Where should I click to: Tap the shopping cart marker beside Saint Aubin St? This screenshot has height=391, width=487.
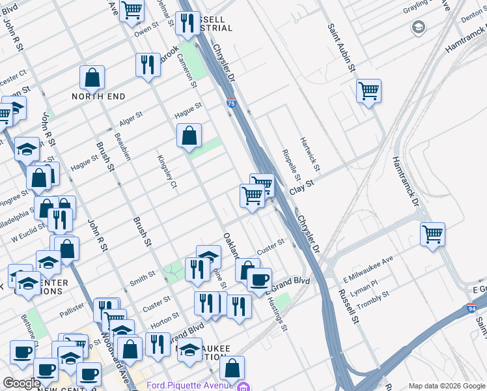point(369,90)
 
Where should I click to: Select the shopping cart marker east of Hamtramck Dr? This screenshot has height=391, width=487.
point(432,233)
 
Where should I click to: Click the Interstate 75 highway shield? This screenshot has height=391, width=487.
point(232,103)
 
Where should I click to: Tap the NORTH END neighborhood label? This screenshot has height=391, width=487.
point(98,96)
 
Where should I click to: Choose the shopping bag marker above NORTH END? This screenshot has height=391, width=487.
point(92,77)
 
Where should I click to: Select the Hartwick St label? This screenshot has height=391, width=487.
point(309,154)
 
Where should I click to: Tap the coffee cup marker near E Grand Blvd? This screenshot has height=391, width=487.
point(259,279)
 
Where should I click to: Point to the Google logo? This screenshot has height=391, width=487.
point(21,383)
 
